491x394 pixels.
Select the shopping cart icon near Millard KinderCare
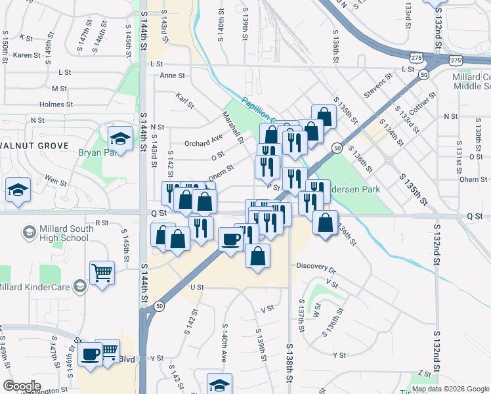(x=102, y=271)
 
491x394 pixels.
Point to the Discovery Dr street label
(x=316, y=269)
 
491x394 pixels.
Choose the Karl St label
(x=185, y=101)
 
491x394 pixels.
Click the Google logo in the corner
(x=21, y=386)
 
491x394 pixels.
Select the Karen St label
(x=27, y=55)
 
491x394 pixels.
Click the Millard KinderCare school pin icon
(x=79, y=286)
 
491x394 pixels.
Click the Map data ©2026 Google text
(x=450, y=389)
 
